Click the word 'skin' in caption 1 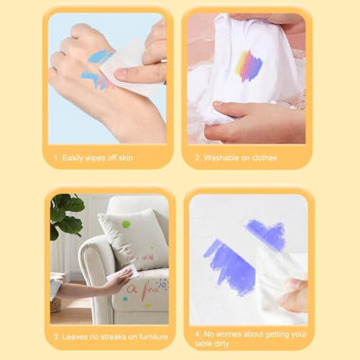(x=125, y=157)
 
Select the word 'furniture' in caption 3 (x=153, y=337)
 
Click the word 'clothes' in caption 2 (x=264, y=157)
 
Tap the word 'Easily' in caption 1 (x=73, y=158)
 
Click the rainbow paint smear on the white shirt (x=249, y=65)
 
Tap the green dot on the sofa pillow (x=125, y=224)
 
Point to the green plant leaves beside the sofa (x=66, y=215)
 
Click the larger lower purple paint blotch (x=231, y=266)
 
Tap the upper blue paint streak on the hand (x=99, y=55)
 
